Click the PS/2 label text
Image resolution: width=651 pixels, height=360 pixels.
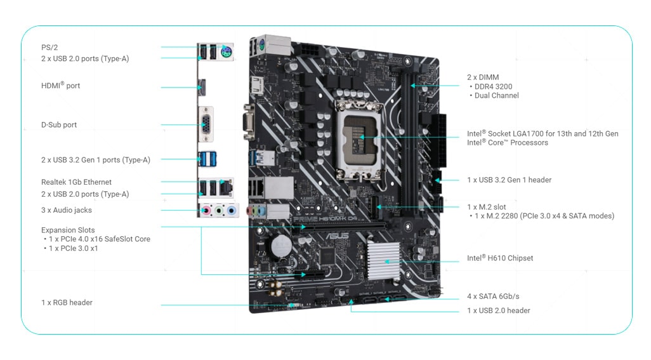tap(49, 48)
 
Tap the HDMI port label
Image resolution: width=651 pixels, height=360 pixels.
tap(61, 85)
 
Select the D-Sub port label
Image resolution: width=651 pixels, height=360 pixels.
tap(59, 124)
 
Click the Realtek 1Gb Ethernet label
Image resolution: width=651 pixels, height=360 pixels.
tap(76, 182)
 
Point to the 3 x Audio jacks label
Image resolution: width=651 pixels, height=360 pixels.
tap(67, 210)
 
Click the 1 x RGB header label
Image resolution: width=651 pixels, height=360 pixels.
tap(67, 303)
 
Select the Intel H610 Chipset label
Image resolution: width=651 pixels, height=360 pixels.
tap(500, 258)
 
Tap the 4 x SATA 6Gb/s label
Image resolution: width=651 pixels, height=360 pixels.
tap(493, 297)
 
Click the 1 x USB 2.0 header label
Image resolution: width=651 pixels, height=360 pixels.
tap(499, 310)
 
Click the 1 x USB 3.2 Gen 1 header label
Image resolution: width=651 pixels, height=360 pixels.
tap(510, 180)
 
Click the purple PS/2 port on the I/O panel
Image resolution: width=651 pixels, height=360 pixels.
tap(226, 52)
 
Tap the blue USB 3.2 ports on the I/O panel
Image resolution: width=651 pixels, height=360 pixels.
tap(207, 159)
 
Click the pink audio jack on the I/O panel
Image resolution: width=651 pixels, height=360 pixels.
tap(206, 211)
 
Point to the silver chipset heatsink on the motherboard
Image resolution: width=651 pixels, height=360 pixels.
tap(383, 261)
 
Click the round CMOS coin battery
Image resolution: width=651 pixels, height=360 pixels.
tap(281, 246)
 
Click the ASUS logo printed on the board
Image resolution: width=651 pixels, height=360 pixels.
tap(337, 236)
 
